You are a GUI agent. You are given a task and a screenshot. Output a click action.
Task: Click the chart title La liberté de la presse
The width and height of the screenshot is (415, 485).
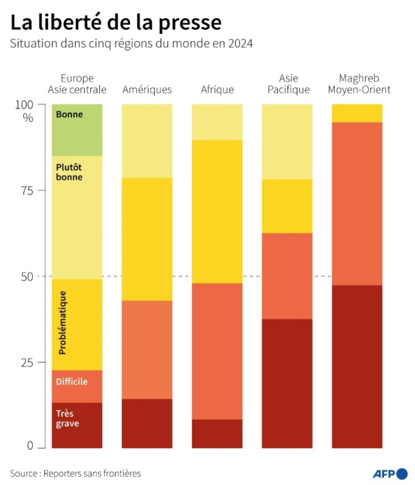click(116, 22)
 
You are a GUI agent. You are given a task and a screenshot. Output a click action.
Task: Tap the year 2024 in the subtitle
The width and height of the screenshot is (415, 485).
click(240, 44)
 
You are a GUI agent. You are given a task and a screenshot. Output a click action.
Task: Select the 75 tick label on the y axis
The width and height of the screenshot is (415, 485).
click(27, 191)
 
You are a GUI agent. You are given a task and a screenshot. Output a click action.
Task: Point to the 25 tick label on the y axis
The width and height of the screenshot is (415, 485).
click(27, 363)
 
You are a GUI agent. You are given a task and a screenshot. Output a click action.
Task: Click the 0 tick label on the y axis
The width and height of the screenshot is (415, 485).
click(30, 446)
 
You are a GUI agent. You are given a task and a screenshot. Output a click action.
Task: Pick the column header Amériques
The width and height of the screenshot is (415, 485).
click(147, 89)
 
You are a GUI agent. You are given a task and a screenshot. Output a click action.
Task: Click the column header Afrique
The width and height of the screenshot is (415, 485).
click(217, 89)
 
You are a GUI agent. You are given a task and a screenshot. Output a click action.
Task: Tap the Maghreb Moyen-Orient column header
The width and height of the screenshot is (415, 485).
click(359, 84)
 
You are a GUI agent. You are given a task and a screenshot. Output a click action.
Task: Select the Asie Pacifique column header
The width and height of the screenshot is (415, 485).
click(289, 84)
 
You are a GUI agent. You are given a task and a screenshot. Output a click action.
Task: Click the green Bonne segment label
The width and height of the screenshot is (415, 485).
click(69, 115)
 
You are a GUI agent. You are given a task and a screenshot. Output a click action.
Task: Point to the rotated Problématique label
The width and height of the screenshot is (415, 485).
click(62, 323)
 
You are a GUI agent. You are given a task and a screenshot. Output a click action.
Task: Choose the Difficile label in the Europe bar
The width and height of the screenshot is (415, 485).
click(72, 382)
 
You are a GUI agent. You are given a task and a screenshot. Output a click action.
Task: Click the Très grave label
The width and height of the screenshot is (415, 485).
click(67, 419)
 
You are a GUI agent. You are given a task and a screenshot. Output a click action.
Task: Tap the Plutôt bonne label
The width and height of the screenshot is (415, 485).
click(69, 172)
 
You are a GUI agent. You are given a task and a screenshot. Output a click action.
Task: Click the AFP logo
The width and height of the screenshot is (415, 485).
click(390, 473)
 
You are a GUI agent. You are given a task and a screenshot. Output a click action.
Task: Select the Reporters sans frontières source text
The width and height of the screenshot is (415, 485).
click(92, 473)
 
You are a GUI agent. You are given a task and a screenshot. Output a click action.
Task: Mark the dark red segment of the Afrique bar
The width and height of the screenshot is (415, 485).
click(217, 433)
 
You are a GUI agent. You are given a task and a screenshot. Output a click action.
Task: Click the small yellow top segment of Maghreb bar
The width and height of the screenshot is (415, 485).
click(357, 113)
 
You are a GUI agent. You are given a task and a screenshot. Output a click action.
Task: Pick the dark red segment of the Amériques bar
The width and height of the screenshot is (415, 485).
click(147, 423)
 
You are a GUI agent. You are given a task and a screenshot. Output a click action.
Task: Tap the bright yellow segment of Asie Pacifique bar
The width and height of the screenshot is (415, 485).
click(287, 206)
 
